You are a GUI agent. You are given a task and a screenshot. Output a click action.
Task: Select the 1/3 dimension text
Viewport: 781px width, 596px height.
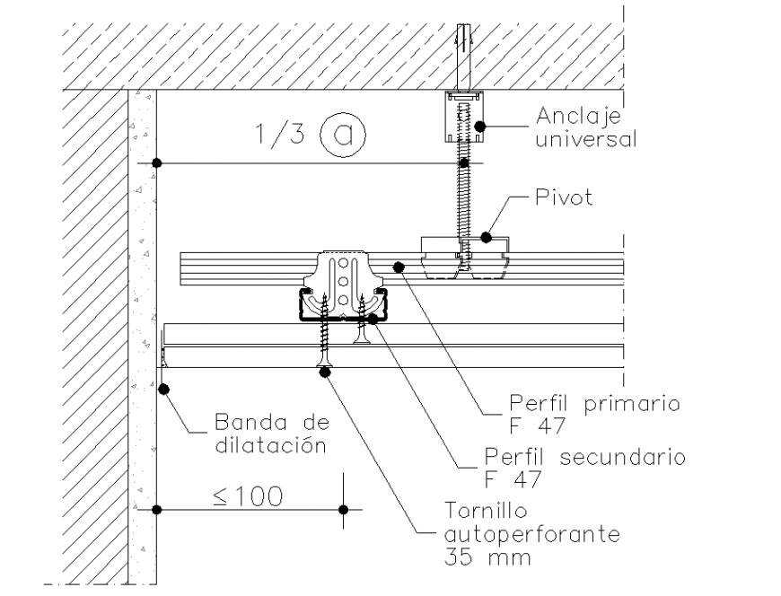tap(280, 134)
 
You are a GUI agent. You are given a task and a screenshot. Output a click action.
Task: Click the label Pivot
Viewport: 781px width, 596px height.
tap(563, 197)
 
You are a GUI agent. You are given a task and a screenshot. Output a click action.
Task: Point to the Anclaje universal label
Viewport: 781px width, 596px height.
tap(585, 127)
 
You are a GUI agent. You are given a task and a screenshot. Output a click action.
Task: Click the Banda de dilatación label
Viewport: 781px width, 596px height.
tap(271, 433)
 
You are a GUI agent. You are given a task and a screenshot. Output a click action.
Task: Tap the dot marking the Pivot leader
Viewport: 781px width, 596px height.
tap(486, 237)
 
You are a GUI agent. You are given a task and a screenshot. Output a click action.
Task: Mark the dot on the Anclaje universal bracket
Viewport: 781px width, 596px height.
tap(480, 127)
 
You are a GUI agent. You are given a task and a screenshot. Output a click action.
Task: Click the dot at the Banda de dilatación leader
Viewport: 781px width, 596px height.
tap(164, 389)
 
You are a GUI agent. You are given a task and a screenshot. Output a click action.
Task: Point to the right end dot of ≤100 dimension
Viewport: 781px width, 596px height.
tap(343, 510)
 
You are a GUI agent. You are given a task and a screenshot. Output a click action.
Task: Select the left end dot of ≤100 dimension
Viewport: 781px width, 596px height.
tap(156, 510)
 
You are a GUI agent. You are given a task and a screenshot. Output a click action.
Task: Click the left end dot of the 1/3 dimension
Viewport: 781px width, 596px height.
tap(156, 163)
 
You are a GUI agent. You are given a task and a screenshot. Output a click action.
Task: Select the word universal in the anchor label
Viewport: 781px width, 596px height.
tap(585, 139)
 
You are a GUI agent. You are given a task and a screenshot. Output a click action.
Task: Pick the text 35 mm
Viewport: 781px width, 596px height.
tap(487, 557)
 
